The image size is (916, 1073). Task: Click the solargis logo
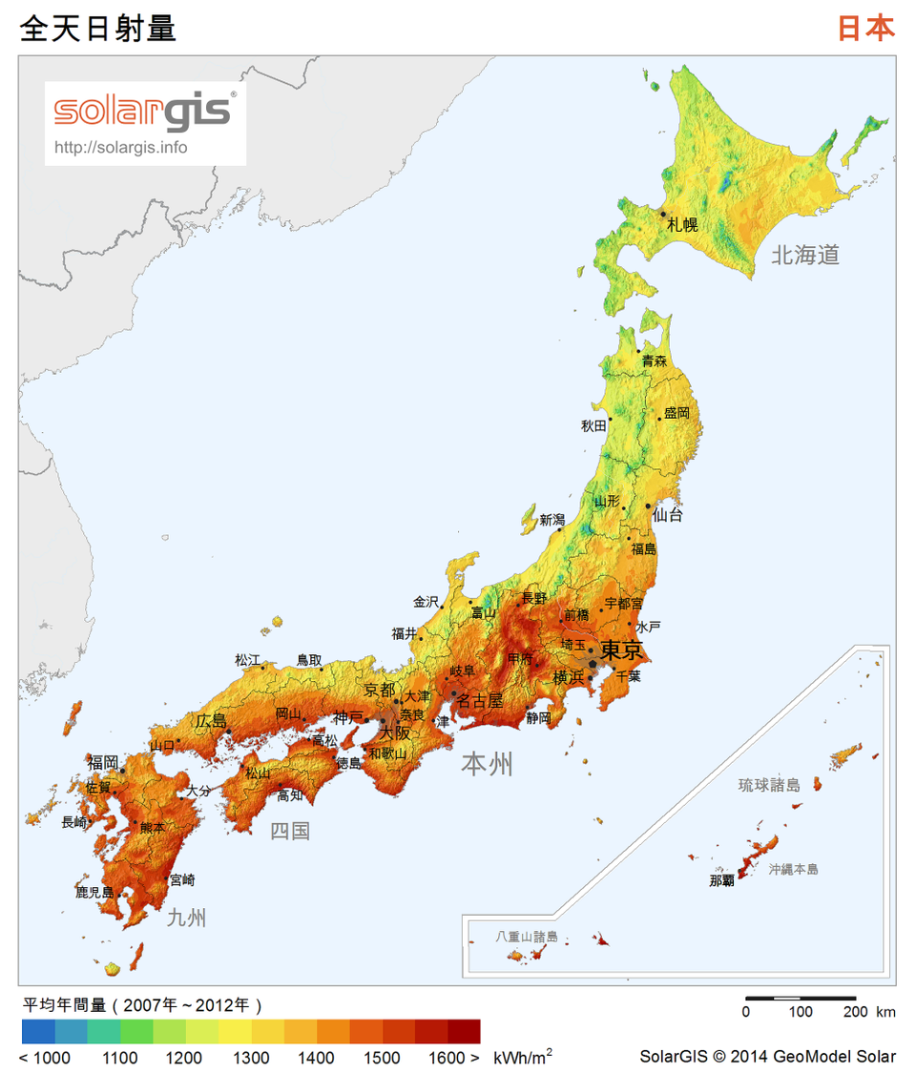click(x=143, y=111)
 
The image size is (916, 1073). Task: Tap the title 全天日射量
click(x=98, y=29)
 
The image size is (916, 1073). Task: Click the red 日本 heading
click(x=865, y=29)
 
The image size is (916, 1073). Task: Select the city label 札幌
click(x=682, y=225)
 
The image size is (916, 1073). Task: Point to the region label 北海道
click(x=805, y=255)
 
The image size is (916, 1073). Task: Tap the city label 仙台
click(x=668, y=515)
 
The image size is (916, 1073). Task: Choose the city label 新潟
click(x=552, y=520)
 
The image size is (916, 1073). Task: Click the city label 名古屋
click(x=479, y=700)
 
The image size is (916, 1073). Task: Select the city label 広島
click(x=212, y=720)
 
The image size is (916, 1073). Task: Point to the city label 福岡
click(x=103, y=762)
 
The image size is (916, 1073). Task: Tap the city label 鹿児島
click(x=94, y=893)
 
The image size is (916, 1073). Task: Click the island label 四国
click(x=290, y=831)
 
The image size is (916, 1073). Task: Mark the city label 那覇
click(x=721, y=881)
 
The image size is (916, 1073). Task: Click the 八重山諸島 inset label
click(x=526, y=937)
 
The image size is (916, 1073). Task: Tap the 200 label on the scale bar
click(x=855, y=1011)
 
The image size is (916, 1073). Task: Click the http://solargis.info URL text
click(x=121, y=147)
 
